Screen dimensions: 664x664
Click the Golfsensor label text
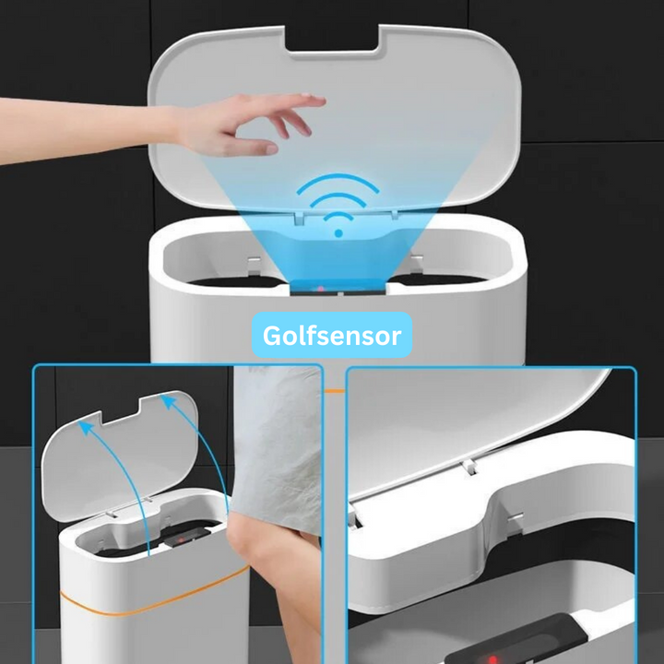point(332,336)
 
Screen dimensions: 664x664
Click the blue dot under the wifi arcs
point(338,233)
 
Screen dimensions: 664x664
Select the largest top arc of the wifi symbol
point(338,181)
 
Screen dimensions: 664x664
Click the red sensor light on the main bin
point(321,290)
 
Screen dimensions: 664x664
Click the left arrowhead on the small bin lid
point(86,428)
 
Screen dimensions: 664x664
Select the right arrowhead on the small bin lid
point(168,401)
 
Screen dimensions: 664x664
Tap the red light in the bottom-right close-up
point(492,659)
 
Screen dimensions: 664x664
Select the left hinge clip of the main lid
point(299,218)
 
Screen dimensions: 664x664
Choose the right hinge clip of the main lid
point(395,215)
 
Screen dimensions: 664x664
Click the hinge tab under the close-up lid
point(469,467)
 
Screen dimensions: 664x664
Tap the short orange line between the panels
point(335,391)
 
